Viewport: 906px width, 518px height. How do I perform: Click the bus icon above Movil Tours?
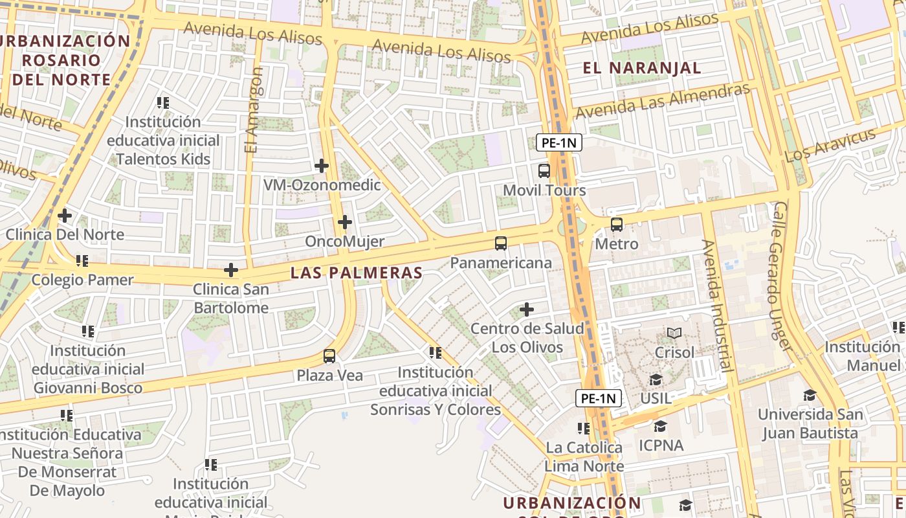click(544, 171)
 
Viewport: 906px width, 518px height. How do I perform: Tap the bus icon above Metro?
click(617, 225)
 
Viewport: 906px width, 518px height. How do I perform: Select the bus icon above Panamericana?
click(501, 243)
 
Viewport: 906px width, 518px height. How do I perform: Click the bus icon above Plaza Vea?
click(329, 356)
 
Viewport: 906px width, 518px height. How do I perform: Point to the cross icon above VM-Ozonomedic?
click(322, 166)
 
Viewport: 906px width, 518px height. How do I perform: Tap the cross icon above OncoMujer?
click(345, 223)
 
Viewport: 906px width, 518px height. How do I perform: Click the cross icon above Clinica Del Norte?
click(65, 215)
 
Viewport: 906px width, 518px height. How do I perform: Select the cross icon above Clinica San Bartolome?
click(231, 270)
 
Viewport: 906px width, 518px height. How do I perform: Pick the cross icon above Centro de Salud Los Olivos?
click(527, 310)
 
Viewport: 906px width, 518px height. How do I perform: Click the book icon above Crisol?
click(674, 333)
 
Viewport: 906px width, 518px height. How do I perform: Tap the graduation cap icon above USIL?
click(656, 379)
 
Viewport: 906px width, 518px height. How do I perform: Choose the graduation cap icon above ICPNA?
click(660, 427)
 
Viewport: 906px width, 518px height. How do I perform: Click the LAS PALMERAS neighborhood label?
click(356, 273)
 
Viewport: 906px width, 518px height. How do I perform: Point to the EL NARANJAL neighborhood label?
click(642, 68)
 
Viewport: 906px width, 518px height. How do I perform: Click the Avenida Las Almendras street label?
click(663, 101)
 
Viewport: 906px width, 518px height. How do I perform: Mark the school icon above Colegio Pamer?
click(82, 261)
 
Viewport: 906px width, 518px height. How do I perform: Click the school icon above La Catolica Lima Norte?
click(584, 429)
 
